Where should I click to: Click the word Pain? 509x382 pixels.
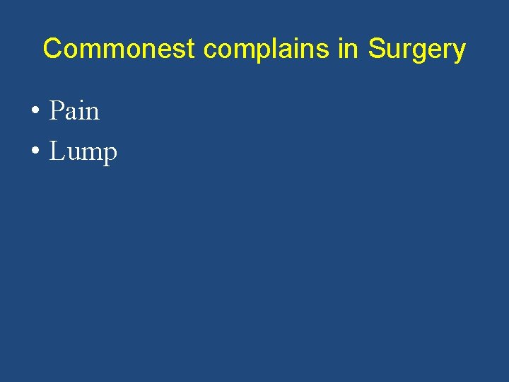click(74, 111)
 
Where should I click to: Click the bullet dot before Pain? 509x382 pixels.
click(35, 112)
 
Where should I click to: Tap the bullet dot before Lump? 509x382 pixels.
click(35, 152)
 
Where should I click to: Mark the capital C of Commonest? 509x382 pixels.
click(52, 50)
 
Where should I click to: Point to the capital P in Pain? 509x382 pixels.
click(56, 111)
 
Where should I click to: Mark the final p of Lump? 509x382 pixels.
click(109, 155)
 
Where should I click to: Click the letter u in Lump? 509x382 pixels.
click(72, 154)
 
